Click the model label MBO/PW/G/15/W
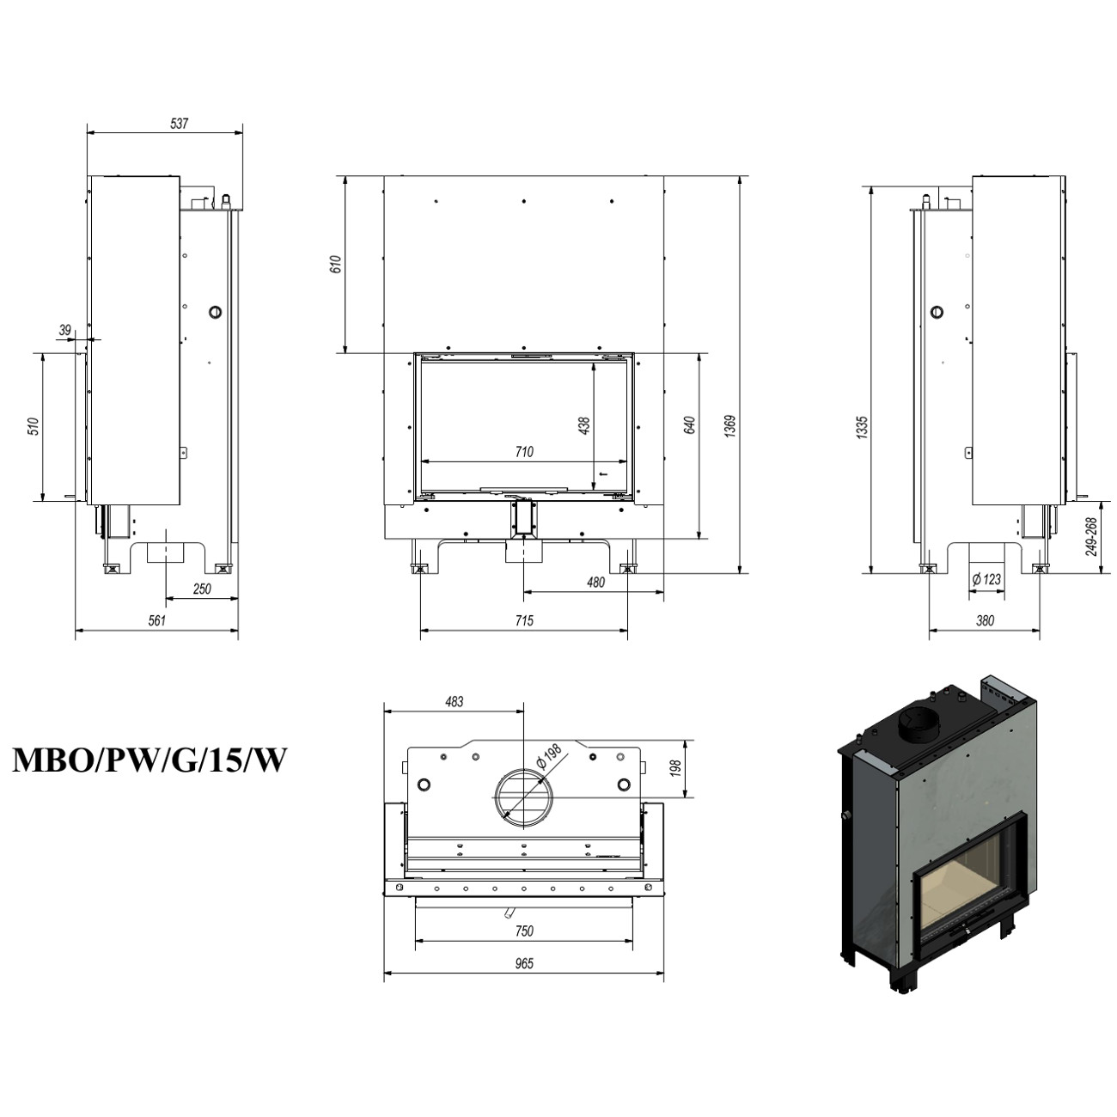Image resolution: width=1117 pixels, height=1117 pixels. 149,760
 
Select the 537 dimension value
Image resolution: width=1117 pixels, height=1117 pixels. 179,124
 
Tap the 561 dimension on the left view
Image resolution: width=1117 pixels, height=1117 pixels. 156,621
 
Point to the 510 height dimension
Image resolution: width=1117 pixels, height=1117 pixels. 34,426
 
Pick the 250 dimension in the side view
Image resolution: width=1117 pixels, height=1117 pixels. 201,589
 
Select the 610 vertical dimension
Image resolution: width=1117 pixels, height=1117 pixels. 336,264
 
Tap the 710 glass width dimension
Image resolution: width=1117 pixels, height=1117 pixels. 524,452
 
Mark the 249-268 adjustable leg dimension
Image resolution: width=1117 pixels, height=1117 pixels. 1090,536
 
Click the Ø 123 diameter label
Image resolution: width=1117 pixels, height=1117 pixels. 986,580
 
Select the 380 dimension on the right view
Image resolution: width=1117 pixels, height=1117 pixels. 985,621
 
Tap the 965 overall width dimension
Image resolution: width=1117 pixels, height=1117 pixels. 524,964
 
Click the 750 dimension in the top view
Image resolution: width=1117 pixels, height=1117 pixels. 524,931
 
